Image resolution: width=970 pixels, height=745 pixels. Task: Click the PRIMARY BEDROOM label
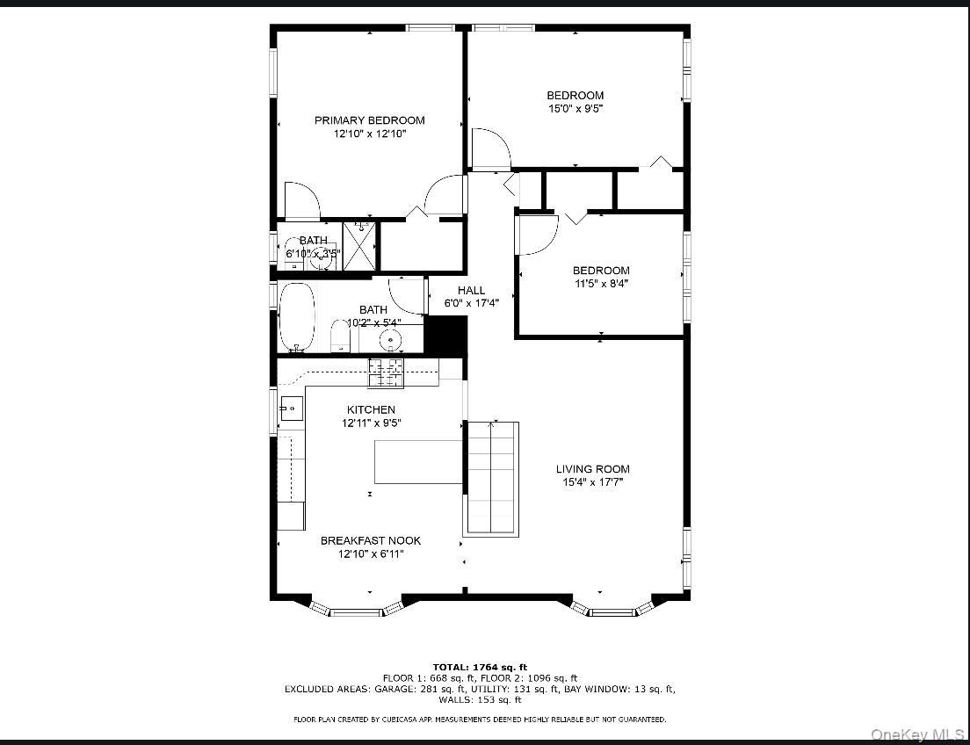[x=369, y=120]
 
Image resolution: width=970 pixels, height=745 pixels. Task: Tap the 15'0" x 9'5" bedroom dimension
[x=575, y=109]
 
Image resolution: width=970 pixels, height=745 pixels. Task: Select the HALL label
[x=471, y=291]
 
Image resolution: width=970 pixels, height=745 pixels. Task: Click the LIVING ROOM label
[x=592, y=469]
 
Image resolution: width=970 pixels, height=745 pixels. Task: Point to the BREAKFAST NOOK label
[x=370, y=540]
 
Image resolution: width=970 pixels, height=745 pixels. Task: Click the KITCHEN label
[x=370, y=409]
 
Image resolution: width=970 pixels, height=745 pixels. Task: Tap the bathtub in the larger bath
[x=297, y=317]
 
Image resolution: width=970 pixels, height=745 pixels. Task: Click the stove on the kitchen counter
[x=386, y=372]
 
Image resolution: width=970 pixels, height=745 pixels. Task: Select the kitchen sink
[x=291, y=407]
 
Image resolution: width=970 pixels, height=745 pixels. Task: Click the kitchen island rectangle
[x=418, y=462]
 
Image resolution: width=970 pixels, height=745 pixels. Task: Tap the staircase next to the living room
[x=491, y=479]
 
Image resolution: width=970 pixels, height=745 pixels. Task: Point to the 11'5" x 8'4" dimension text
[x=601, y=284]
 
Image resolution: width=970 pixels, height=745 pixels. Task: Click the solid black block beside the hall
[x=445, y=335]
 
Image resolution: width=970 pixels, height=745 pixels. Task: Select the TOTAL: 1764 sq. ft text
[x=480, y=668]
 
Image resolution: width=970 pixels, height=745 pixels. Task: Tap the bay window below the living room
[x=612, y=608]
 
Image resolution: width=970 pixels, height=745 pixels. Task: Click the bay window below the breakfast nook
[x=357, y=608]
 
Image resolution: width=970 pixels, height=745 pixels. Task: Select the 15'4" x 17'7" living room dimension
[x=592, y=482]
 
